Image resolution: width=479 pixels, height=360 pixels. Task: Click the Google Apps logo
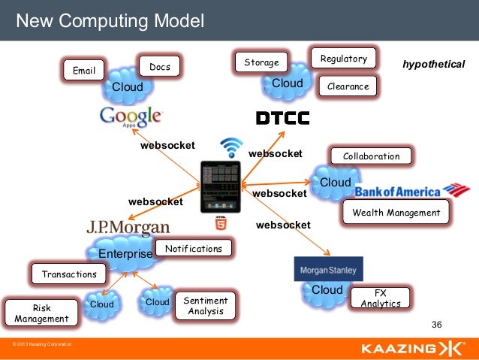[131, 116]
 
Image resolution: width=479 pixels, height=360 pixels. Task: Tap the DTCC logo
[282, 118]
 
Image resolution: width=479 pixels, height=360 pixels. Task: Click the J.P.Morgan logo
[128, 226]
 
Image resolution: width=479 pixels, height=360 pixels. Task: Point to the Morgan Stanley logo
[329, 269]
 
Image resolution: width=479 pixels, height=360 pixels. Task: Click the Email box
[83, 71]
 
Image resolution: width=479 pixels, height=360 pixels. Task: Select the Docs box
[159, 68]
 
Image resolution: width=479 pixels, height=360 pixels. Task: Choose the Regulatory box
[343, 59]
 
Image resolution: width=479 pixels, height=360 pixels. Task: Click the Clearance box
[348, 86]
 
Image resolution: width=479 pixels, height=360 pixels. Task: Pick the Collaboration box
[371, 156]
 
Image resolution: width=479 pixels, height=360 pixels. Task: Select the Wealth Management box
[396, 213]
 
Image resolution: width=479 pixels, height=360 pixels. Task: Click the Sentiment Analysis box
[205, 306]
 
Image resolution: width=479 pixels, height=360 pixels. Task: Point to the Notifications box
[194, 249]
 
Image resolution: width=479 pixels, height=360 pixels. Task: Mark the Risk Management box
[41, 313]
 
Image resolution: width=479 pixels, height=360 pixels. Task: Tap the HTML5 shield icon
[221, 222]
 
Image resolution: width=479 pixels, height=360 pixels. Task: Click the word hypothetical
[434, 65]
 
